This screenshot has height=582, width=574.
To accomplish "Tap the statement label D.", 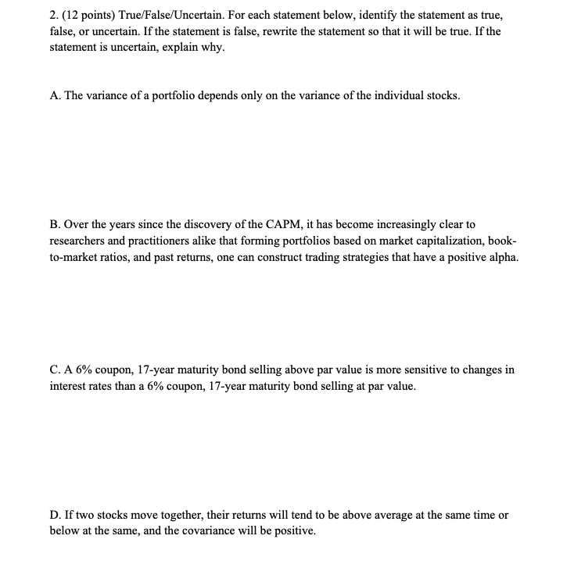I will (55, 516).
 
